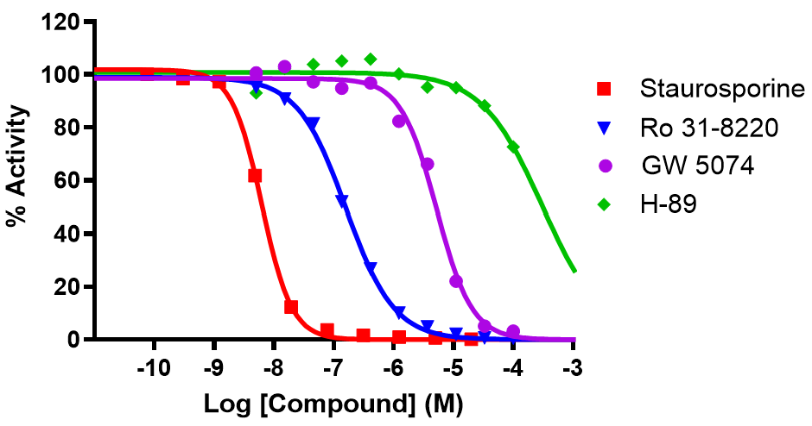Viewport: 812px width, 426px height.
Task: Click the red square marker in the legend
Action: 605,89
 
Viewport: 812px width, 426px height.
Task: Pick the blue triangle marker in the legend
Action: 605,128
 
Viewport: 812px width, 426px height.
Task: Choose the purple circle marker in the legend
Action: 605,166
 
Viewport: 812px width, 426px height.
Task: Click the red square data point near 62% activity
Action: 255,176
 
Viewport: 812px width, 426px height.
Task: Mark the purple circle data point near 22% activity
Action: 456,281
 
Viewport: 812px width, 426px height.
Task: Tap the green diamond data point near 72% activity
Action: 514,147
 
